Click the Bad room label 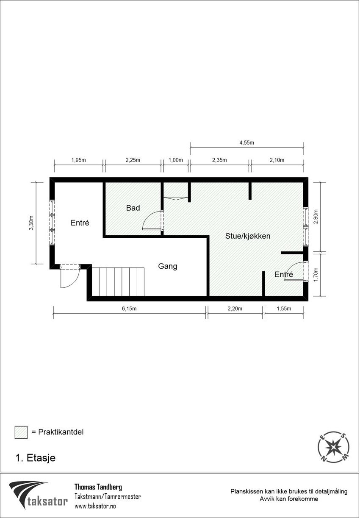pos(133,208)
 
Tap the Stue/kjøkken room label pos(248,236)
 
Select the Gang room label pos(168,266)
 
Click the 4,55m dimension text pos(246,143)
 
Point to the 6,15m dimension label pos(130,309)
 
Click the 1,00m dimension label pos(175,160)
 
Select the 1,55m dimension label pos(284,309)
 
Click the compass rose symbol pos(334,447)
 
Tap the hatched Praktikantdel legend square pos(21,432)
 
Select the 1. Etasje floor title pos(35,458)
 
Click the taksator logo pos(39,495)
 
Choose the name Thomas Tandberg pos(98,487)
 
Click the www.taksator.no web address pos(95,506)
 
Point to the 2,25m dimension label pos(133,160)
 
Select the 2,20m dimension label pos(235,309)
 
